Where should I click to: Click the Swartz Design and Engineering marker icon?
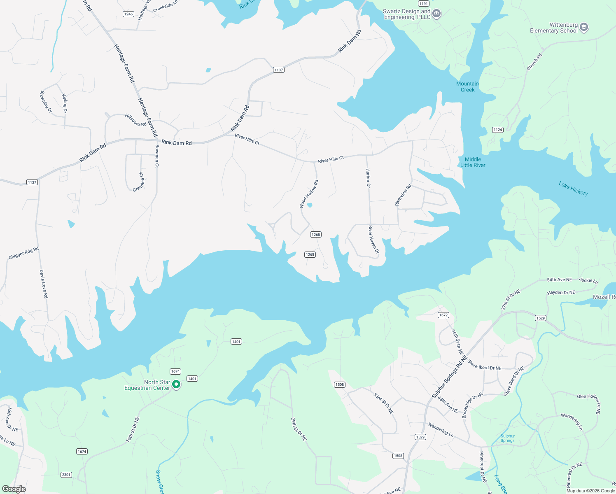click(436, 14)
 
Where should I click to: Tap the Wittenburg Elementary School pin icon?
click(583, 28)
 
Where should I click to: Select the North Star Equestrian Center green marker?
click(176, 384)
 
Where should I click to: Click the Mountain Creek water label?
click(467, 87)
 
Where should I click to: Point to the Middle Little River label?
click(473, 162)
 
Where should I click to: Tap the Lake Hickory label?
click(573, 189)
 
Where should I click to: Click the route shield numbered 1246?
click(128, 14)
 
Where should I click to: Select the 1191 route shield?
click(424, 3)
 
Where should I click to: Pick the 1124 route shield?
click(498, 130)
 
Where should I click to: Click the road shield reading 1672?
click(443, 315)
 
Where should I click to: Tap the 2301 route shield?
click(66, 475)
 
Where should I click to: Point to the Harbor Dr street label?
click(368, 178)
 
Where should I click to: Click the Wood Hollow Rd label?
click(309, 194)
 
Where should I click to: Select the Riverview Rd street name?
click(403, 195)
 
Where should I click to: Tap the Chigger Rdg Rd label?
click(23, 253)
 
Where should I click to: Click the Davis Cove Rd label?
click(44, 284)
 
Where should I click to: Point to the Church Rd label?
click(534, 62)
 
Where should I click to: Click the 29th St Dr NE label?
click(299, 429)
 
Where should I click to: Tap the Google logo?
click(14, 489)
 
